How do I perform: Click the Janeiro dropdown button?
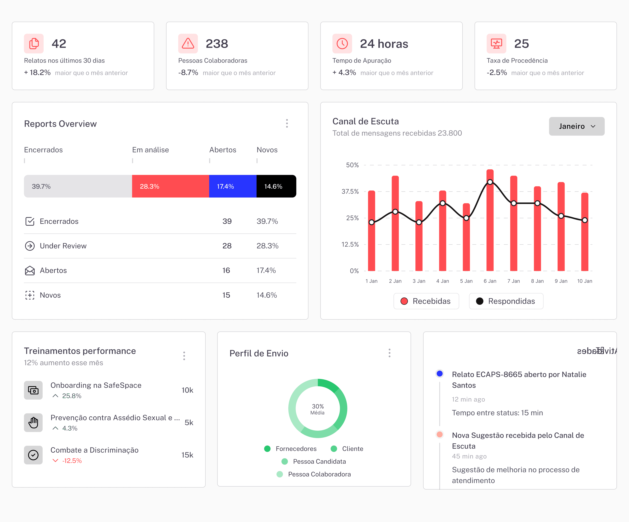[576, 126]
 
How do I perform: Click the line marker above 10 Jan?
[584, 220]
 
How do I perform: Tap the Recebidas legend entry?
[426, 301]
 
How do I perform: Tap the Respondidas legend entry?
[506, 301]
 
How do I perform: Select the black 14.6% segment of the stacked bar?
[276, 186]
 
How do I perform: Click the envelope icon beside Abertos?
[30, 271]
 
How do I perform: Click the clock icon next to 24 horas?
[342, 44]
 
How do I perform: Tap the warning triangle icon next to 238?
[188, 44]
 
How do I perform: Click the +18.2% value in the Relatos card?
[38, 73]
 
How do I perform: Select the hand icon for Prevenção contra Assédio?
[33, 423]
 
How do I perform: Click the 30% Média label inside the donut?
[317, 409]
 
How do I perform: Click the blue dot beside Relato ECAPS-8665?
[439, 374]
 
